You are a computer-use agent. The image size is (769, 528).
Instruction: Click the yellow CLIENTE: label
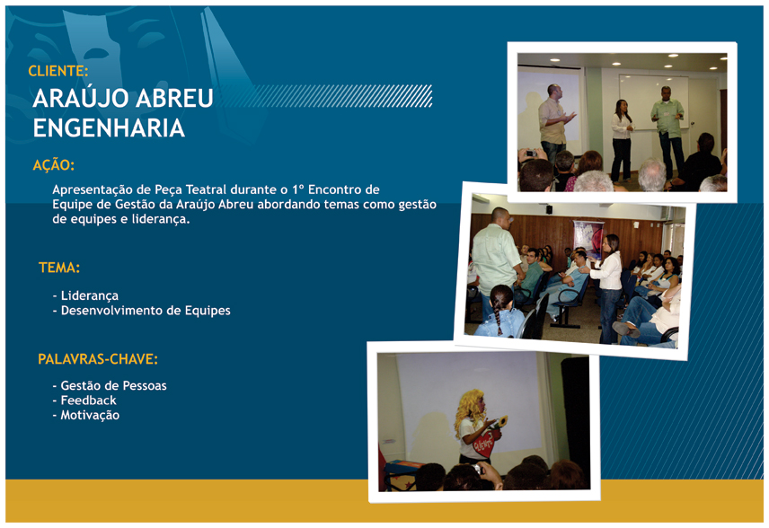[57, 71]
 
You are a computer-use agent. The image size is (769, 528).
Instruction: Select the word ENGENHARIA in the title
[109, 128]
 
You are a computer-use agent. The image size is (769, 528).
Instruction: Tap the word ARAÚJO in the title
[81, 98]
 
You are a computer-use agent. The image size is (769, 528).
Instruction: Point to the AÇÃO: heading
[54, 164]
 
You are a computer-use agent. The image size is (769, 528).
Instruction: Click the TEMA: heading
[59, 268]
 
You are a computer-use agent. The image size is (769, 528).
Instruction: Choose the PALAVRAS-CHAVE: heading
[98, 359]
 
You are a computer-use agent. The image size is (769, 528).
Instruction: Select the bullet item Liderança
[85, 295]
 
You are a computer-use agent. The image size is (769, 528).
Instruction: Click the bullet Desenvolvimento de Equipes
[141, 311]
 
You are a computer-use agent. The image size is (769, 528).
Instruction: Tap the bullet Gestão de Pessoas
[110, 386]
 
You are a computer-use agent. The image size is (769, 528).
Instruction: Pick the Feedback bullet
[84, 400]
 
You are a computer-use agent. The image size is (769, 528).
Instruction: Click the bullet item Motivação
[86, 415]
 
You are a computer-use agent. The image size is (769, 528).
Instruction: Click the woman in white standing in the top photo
[622, 140]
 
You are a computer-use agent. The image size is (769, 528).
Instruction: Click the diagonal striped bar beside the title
[326, 96]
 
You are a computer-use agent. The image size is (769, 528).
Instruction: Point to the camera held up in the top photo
[531, 154]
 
